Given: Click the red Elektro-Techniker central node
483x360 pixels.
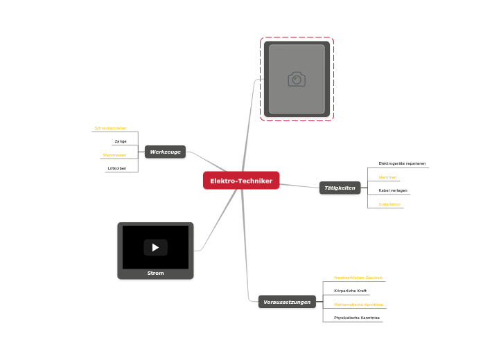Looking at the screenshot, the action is pos(241,181).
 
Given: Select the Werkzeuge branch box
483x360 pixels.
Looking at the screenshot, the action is pos(165,152).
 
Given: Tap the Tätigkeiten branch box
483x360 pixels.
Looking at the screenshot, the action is pos(340,188).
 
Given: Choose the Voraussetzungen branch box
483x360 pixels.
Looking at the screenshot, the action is pos(287,302).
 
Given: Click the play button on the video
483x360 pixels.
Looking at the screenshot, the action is pos(155,247).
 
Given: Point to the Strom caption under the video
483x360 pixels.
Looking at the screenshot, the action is pos(155,273).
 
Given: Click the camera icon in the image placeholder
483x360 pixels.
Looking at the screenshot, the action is pos(297,79).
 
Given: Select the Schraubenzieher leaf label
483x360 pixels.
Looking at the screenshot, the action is pos(110,128).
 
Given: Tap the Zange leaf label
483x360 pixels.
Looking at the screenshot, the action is pos(121,141).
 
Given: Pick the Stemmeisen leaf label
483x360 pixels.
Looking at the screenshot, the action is pos(114,155).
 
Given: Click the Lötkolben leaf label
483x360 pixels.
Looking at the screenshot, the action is pos(117,168).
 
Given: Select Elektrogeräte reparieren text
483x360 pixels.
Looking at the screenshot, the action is pos(402,163).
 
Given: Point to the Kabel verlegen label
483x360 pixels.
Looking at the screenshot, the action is pos(393,190).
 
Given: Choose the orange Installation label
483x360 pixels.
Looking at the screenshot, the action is pos(389,204).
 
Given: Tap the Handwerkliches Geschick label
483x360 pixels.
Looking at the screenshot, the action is pos(358,278).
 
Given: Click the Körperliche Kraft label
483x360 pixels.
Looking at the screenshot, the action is pos(350,291).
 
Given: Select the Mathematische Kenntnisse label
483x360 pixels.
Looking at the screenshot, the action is pos(358,305).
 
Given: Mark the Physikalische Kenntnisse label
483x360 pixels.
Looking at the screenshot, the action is pos(357,318).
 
